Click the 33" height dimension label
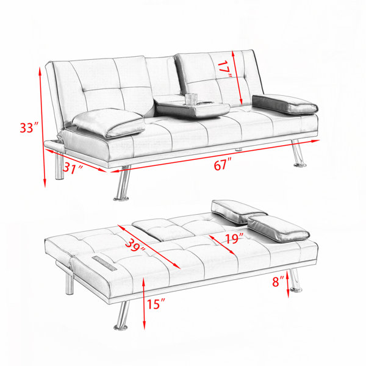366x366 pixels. tap(29, 127)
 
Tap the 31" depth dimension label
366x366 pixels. tap(73, 168)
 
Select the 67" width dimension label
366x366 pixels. tap(223, 164)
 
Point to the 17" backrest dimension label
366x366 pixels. tap(224, 69)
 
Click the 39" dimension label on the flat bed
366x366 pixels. tap(135, 246)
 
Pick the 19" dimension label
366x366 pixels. tap(234, 239)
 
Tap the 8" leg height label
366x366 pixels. tap(278, 281)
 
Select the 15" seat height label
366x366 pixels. tap(156, 304)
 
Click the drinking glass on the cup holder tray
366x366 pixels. tap(192, 99)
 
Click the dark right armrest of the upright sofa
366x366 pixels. tap(285, 104)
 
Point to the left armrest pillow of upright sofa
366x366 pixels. tap(109, 123)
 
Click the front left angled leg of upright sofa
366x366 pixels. tap(122, 183)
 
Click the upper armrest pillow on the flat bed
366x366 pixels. tap(239, 211)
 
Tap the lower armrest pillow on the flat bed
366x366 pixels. tap(279, 228)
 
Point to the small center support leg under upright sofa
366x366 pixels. tap(239, 149)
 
